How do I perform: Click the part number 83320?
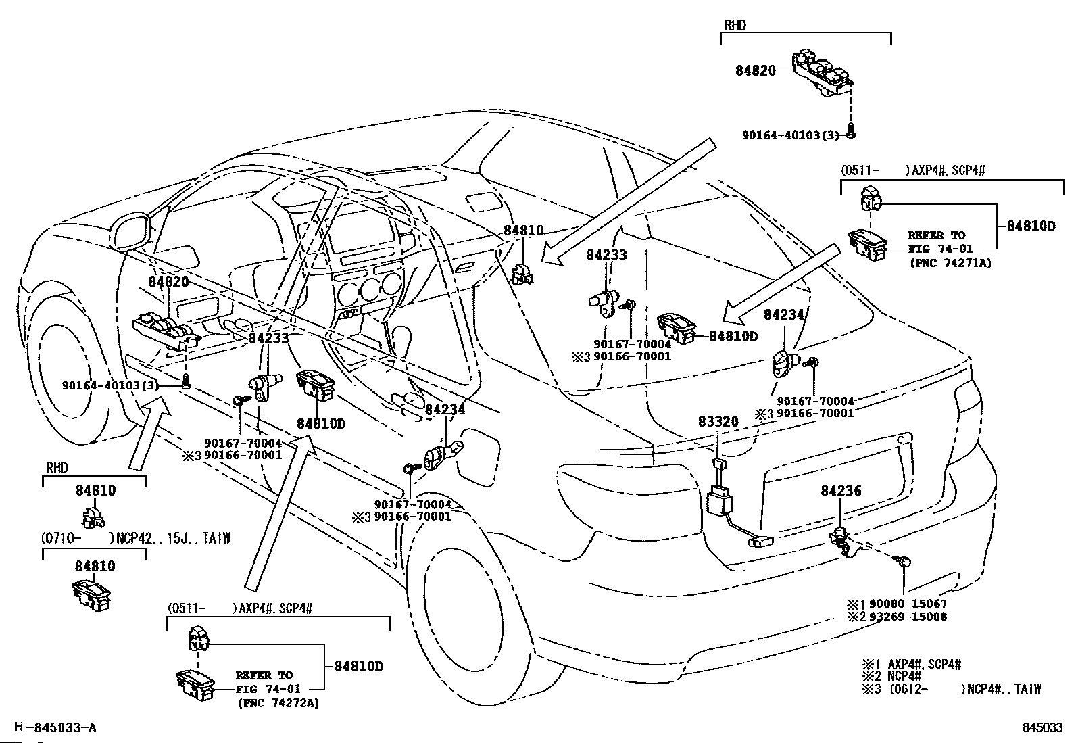[718, 421]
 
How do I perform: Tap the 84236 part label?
[841, 491]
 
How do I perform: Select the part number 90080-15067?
[908, 604]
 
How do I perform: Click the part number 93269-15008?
[908, 616]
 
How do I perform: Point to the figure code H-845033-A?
[55, 727]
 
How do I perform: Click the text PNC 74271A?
[951, 263]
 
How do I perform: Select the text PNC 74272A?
[278, 703]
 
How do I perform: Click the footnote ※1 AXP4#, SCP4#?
[912, 664]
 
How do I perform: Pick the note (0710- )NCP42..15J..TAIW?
[136, 537]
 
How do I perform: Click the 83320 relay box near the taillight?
[720, 500]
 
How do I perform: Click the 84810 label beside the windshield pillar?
[524, 231]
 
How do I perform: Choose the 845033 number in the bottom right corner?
[1042, 727]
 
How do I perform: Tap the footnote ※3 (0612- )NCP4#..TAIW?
[952, 689]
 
